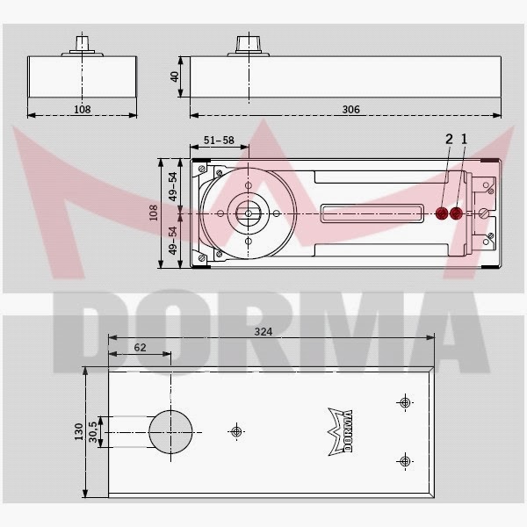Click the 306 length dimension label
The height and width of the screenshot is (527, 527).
point(349,109)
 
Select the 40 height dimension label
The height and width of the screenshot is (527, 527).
point(175,76)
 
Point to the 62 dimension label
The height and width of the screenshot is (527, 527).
point(140,348)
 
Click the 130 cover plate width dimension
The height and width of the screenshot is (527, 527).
point(79,432)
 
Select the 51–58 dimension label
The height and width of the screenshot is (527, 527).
point(217,140)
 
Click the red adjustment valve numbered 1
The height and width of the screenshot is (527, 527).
point(458,213)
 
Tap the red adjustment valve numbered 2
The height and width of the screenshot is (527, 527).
point(443,213)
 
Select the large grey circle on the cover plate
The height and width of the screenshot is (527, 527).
point(169,431)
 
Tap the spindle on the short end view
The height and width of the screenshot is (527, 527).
point(82,44)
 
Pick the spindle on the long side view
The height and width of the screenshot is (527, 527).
point(245,44)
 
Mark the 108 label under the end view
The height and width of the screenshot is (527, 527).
point(82,109)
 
